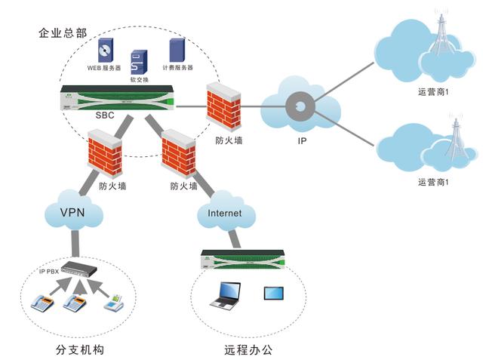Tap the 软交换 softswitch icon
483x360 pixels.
[139, 61]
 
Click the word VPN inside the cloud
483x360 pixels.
[72, 214]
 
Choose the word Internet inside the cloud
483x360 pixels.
[225, 214]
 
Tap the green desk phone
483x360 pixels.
[115, 303]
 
